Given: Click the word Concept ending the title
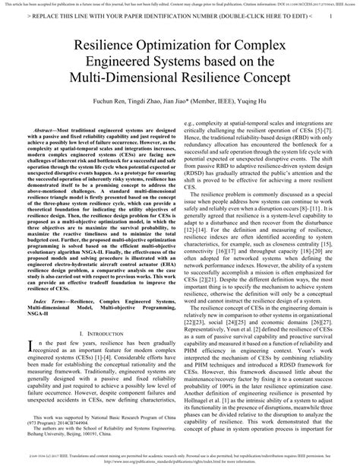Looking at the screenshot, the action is (265, 81).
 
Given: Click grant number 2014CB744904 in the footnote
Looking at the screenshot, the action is (77, 423).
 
